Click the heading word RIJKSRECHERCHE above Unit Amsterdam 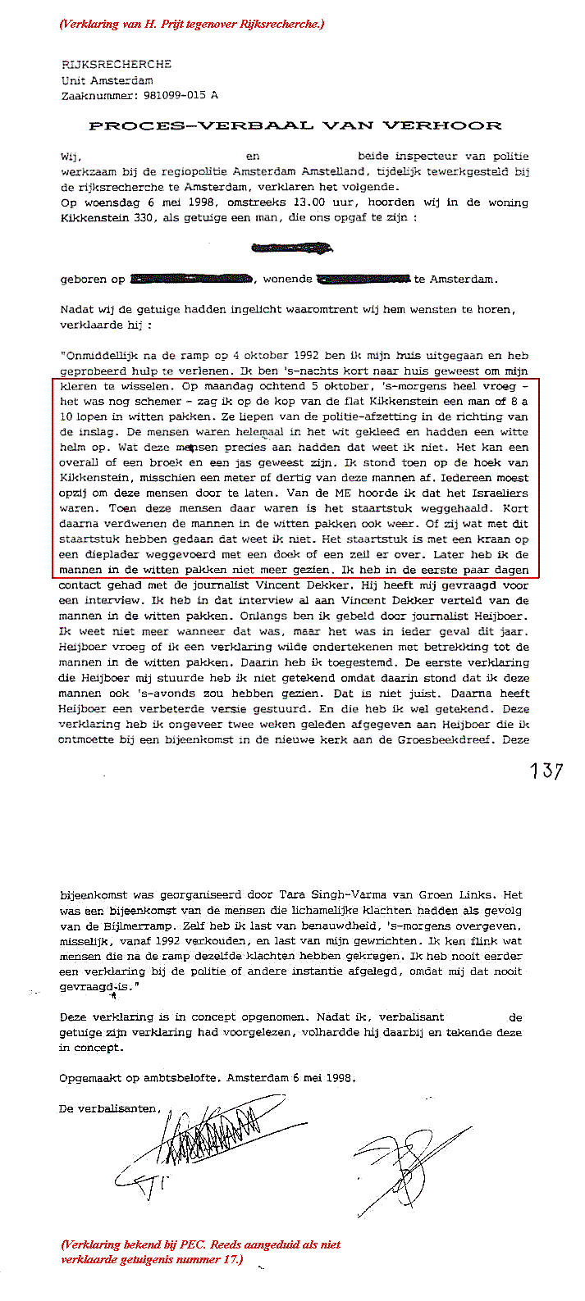click(x=117, y=65)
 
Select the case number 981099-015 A click(x=176, y=95)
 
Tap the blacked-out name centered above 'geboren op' click(x=292, y=247)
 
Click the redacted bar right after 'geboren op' click(x=190, y=280)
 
